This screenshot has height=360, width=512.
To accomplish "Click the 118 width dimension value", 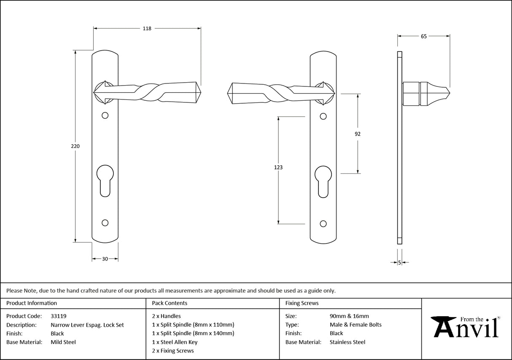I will click(x=147, y=29).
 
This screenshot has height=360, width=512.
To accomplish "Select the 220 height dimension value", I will click(x=75, y=146).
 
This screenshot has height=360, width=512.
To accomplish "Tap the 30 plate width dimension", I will click(x=105, y=259).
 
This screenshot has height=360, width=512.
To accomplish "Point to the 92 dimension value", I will click(x=358, y=134).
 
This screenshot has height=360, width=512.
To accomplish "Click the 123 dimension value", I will click(x=278, y=167).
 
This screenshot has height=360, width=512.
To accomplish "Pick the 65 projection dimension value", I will click(x=423, y=36).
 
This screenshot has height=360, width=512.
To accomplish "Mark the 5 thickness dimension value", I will click(x=399, y=263).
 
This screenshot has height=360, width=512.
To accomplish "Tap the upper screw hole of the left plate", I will click(x=105, y=116).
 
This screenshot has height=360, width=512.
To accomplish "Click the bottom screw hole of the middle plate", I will click(x=323, y=223).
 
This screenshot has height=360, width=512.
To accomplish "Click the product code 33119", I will click(x=58, y=316).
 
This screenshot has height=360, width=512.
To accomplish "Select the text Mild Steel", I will click(x=63, y=342).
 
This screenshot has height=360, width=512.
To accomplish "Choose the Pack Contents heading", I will click(x=170, y=303).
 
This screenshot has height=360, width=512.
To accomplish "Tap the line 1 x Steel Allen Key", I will click(x=175, y=342).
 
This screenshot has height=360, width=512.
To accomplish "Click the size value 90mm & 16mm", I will click(x=349, y=316).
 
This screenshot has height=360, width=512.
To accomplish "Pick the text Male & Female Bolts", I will click(x=356, y=325).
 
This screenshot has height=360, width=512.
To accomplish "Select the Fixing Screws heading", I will click(x=302, y=303).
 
